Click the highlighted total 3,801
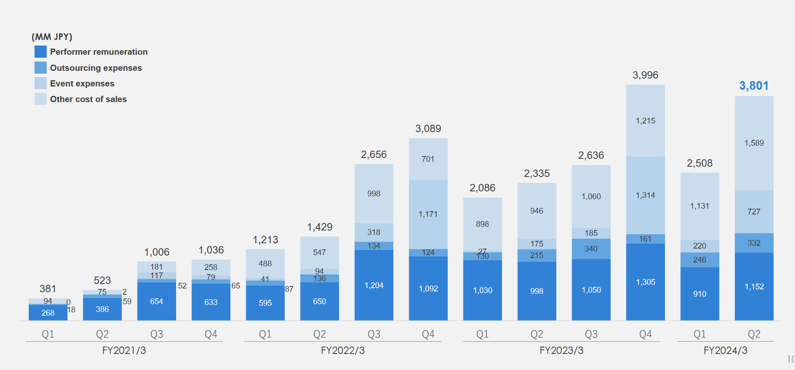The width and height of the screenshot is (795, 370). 754,86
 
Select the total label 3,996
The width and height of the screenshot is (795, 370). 645,75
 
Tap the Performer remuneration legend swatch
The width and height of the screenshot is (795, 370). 40,52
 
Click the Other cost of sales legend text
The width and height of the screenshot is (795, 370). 88,99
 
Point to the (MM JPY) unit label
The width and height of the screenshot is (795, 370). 52,37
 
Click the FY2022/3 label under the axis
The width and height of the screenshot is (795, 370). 342,350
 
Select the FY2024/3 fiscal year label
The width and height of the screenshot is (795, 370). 725,350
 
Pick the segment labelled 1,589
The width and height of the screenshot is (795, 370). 754,143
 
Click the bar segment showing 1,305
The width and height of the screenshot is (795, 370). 645,282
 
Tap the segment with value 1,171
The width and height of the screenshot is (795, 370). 428,214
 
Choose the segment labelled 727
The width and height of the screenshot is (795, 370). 754,212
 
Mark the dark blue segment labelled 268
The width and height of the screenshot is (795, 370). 48,313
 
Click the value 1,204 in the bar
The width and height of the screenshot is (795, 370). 374,285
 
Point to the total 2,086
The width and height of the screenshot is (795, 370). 482,188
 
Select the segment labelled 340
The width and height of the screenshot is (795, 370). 591,249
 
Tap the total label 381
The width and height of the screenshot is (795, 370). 48,289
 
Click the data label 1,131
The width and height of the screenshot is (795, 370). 700,206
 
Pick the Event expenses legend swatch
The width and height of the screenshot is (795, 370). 40,84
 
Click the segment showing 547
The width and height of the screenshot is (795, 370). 319,252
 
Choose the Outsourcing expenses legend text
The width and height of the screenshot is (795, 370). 96,68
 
